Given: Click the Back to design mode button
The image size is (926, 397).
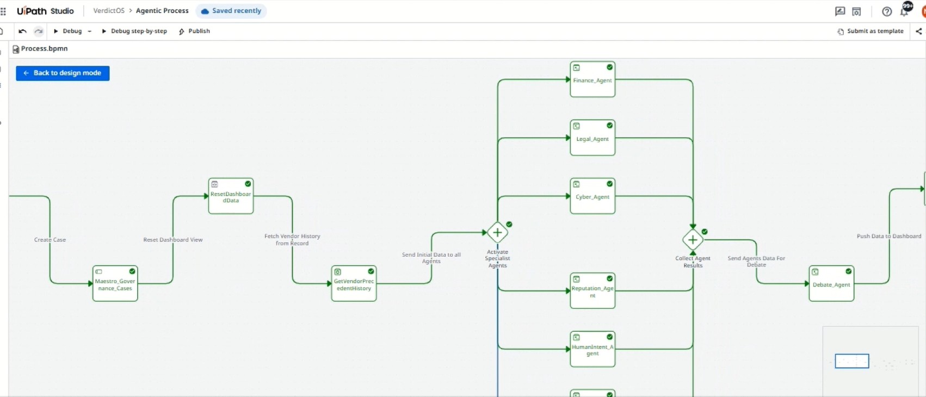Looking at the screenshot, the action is (x=63, y=73).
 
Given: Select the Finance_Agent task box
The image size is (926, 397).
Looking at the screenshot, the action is (x=592, y=79).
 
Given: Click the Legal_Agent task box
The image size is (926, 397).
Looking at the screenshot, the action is (x=592, y=138).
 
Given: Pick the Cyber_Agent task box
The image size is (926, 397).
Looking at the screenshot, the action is (x=592, y=196).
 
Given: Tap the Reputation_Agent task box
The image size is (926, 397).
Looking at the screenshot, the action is (x=592, y=290).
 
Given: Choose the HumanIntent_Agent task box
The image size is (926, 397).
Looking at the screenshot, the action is (x=592, y=349).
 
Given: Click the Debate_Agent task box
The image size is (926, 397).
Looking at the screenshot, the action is (x=831, y=283).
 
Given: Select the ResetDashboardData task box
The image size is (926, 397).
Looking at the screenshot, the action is (x=231, y=196).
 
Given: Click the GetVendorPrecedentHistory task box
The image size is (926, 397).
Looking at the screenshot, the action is (x=354, y=283).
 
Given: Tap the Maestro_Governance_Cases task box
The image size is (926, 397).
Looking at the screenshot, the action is (x=115, y=283).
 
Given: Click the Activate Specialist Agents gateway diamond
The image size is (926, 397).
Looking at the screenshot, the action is (x=497, y=233).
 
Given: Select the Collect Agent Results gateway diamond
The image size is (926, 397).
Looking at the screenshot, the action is (x=693, y=240).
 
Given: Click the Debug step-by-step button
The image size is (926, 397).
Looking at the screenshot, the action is (x=134, y=31).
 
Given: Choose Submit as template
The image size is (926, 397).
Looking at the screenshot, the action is (x=871, y=31).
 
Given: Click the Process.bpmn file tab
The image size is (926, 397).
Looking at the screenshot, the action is (x=40, y=49).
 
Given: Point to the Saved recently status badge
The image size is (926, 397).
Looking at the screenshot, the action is (x=231, y=11).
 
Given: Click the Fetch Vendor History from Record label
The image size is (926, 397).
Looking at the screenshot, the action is (x=292, y=240).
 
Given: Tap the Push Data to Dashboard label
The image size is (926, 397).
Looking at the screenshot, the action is (x=889, y=237).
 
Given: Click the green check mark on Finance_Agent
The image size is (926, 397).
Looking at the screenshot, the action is (x=609, y=67).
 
